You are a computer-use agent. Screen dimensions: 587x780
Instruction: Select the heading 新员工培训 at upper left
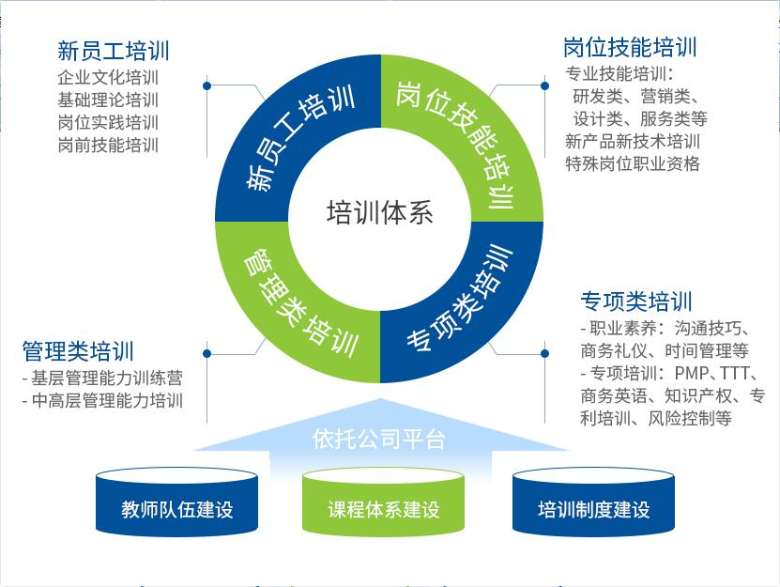[x=114, y=51]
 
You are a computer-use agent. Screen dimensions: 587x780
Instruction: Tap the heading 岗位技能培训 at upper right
[x=630, y=47]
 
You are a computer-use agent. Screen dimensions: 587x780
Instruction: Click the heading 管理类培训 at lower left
[x=78, y=351]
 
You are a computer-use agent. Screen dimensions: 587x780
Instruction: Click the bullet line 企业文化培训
[x=108, y=78]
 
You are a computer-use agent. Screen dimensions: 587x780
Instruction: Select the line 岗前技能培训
[x=108, y=146]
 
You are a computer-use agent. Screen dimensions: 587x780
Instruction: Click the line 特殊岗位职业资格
[x=633, y=163]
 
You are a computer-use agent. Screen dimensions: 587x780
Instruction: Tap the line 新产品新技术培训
[x=633, y=141]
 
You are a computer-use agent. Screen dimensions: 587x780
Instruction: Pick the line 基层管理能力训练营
[x=101, y=378]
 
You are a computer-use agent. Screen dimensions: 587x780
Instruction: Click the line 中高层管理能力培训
[x=101, y=401]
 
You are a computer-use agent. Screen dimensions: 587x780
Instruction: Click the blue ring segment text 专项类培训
[x=460, y=298]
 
